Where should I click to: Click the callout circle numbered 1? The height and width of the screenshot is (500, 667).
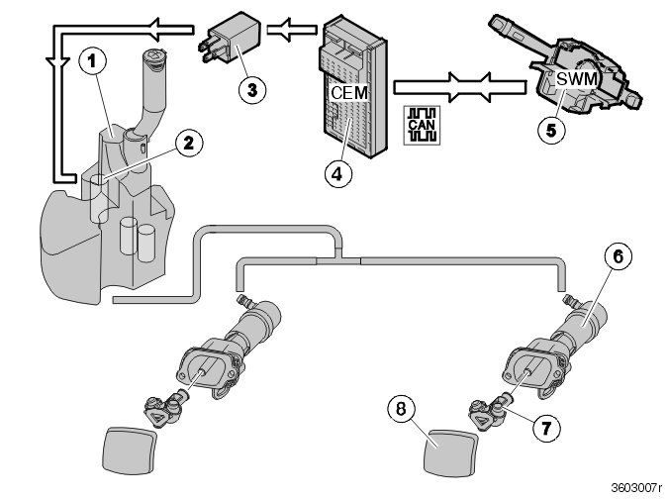tap(92, 61)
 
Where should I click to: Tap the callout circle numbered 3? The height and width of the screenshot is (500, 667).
tap(252, 88)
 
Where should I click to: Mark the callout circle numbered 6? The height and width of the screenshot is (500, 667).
tap(618, 257)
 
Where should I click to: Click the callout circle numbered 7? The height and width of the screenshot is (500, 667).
tap(541, 429)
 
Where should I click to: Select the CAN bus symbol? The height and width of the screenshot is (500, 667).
tap(419, 124)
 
